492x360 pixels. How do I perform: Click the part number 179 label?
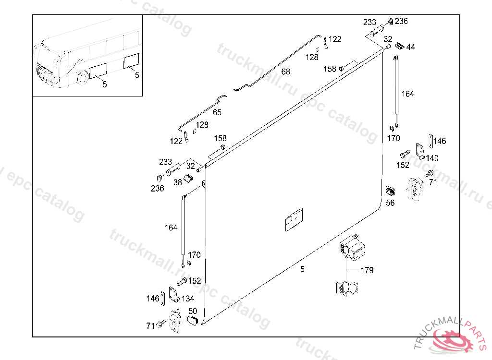pos(367,270)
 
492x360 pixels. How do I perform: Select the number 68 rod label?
pos(286,72)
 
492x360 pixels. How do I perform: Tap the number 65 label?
pos(217,112)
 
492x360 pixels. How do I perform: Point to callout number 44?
pos(411,47)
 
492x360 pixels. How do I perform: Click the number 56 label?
pos(390,203)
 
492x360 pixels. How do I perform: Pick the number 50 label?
pos(193,311)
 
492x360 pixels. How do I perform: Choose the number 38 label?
pos(178,182)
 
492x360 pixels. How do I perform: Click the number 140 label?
pos(432,158)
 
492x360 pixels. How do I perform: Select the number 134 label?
pos(188,299)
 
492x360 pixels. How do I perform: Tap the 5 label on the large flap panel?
pos(302,269)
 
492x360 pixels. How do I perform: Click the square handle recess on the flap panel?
pos(293,221)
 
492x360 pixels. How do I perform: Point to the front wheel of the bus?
pos(83,77)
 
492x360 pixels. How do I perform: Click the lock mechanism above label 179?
pos(352,248)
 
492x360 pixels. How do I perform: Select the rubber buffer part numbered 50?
pos(193,320)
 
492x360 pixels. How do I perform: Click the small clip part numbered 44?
pos(399,46)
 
